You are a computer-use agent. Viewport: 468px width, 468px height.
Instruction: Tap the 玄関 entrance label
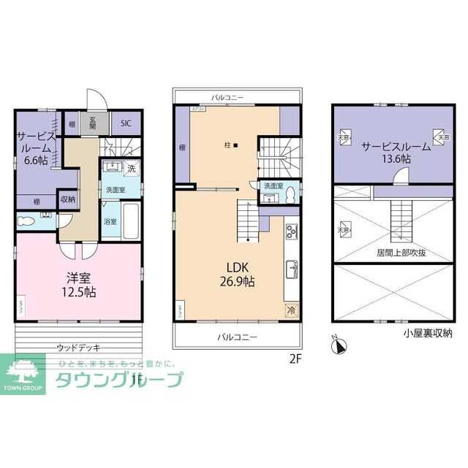coord(94,123)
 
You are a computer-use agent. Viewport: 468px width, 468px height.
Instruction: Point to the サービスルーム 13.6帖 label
coord(394,151)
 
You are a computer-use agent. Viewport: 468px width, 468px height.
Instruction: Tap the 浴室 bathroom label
coord(110,220)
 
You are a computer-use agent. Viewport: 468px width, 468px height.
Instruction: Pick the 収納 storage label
coord(67,199)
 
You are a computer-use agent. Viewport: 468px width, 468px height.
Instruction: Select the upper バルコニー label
coord(227,97)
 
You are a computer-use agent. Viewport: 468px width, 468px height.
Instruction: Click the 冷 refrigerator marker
coord(292,310)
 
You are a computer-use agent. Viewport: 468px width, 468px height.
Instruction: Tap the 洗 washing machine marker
coord(131,169)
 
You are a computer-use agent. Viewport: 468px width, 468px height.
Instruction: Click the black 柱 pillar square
coord(235,145)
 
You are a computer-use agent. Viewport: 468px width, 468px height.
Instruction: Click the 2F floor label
coord(295,358)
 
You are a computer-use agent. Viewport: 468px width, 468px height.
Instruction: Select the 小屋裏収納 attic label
coord(427,333)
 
